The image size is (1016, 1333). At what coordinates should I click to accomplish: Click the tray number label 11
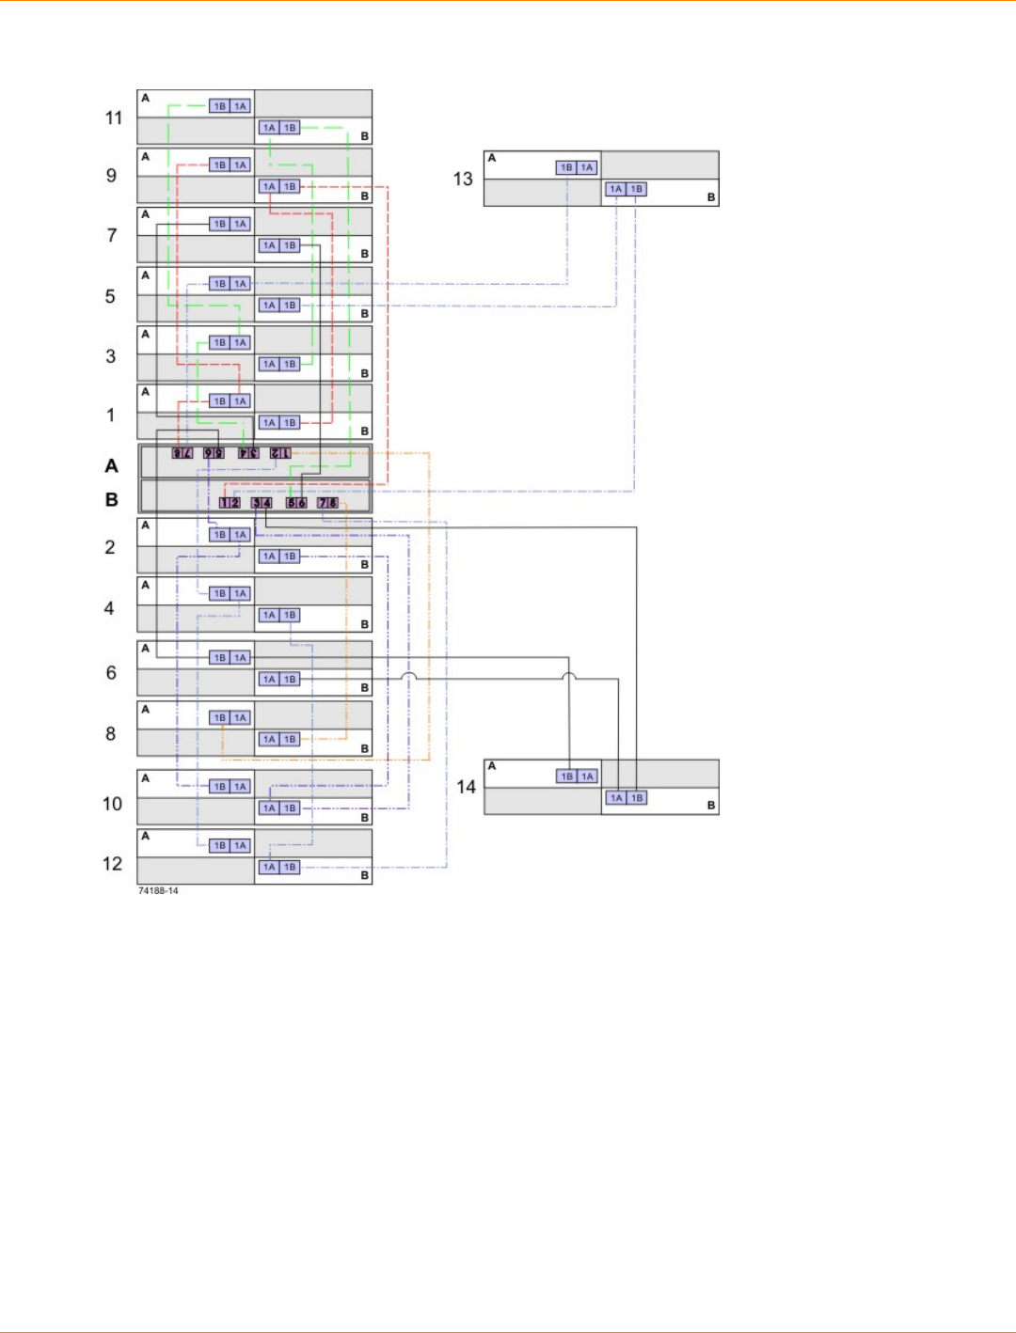pyautogui.click(x=114, y=118)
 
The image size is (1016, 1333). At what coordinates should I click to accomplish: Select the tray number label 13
pyautogui.click(x=463, y=179)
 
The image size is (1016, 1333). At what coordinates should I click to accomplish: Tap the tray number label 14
pyautogui.click(x=467, y=787)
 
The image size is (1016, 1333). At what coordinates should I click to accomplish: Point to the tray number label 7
pyautogui.click(x=112, y=235)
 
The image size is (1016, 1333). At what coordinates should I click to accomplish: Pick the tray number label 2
pyautogui.click(x=110, y=547)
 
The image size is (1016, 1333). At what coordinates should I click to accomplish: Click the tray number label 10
pyautogui.click(x=112, y=804)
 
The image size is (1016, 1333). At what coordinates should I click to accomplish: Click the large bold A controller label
pyautogui.click(x=112, y=466)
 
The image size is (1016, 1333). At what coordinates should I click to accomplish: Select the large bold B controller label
pyautogui.click(x=112, y=500)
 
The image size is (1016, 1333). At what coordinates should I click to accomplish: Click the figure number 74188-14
pyautogui.click(x=158, y=890)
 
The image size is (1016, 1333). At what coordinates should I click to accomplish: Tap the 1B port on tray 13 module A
pyautogui.click(x=566, y=167)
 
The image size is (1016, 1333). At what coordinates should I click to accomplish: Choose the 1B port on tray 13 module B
pyautogui.click(x=637, y=189)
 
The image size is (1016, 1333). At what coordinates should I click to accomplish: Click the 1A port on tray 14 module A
pyautogui.click(x=587, y=776)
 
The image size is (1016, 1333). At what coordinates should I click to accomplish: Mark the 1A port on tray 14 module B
pyautogui.click(x=616, y=798)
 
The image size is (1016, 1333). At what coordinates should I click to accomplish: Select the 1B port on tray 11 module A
pyautogui.click(x=219, y=106)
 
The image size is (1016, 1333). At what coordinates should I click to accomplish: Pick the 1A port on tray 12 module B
pyautogui.click(x=270, y=867)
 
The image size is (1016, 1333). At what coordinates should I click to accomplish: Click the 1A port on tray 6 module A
pyautogui.click(x=240, y=658)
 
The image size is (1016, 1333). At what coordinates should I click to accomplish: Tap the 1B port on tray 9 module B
pyautogui.click(x=290, y=186)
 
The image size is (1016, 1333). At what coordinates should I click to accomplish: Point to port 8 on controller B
pyautogui.click(x=333, y=503)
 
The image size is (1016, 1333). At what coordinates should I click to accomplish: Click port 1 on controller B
pyautogui.click(x=224, y=503)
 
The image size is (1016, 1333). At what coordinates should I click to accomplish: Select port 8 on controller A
pyautogui.click(x=177, y=453)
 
